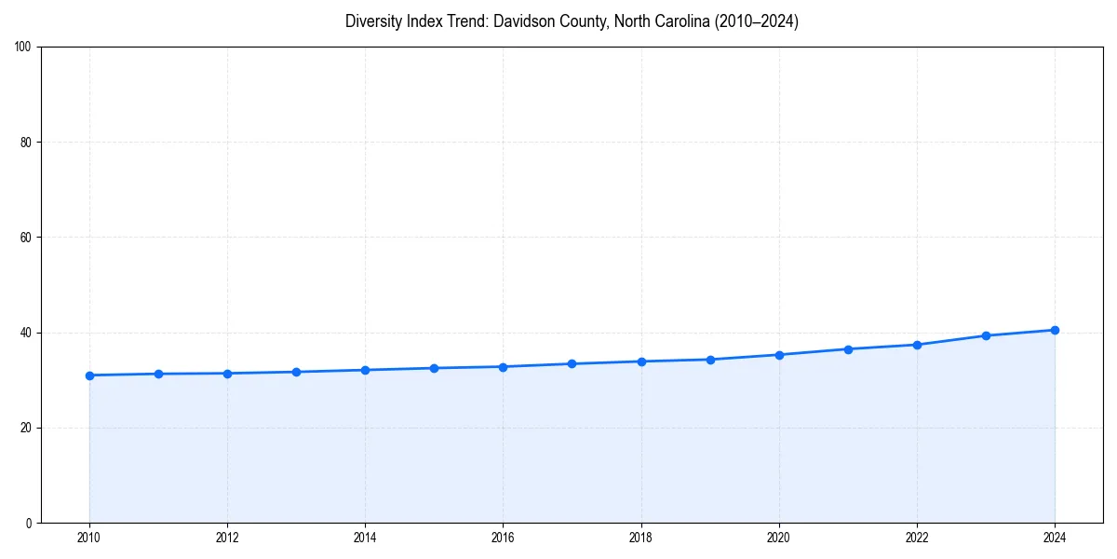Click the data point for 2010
coord(89,375)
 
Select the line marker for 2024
coord(1055,330)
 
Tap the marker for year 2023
coord(986,335)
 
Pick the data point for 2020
coord(779,355)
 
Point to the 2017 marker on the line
coord(572,363)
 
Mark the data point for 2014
coord(365,370)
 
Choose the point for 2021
coord(848,349)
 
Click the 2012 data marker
coord(227,374)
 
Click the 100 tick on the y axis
coord(23,47)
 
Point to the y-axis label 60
coord(26,238)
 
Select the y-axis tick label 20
coord(26,428)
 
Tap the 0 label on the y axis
coord(29,523)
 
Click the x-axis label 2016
coord(503,538)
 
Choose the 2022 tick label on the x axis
coord(917,538)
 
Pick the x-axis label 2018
coord(640,538)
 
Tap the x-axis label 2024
coord(1055,538)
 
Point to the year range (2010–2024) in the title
coord(756,21)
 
